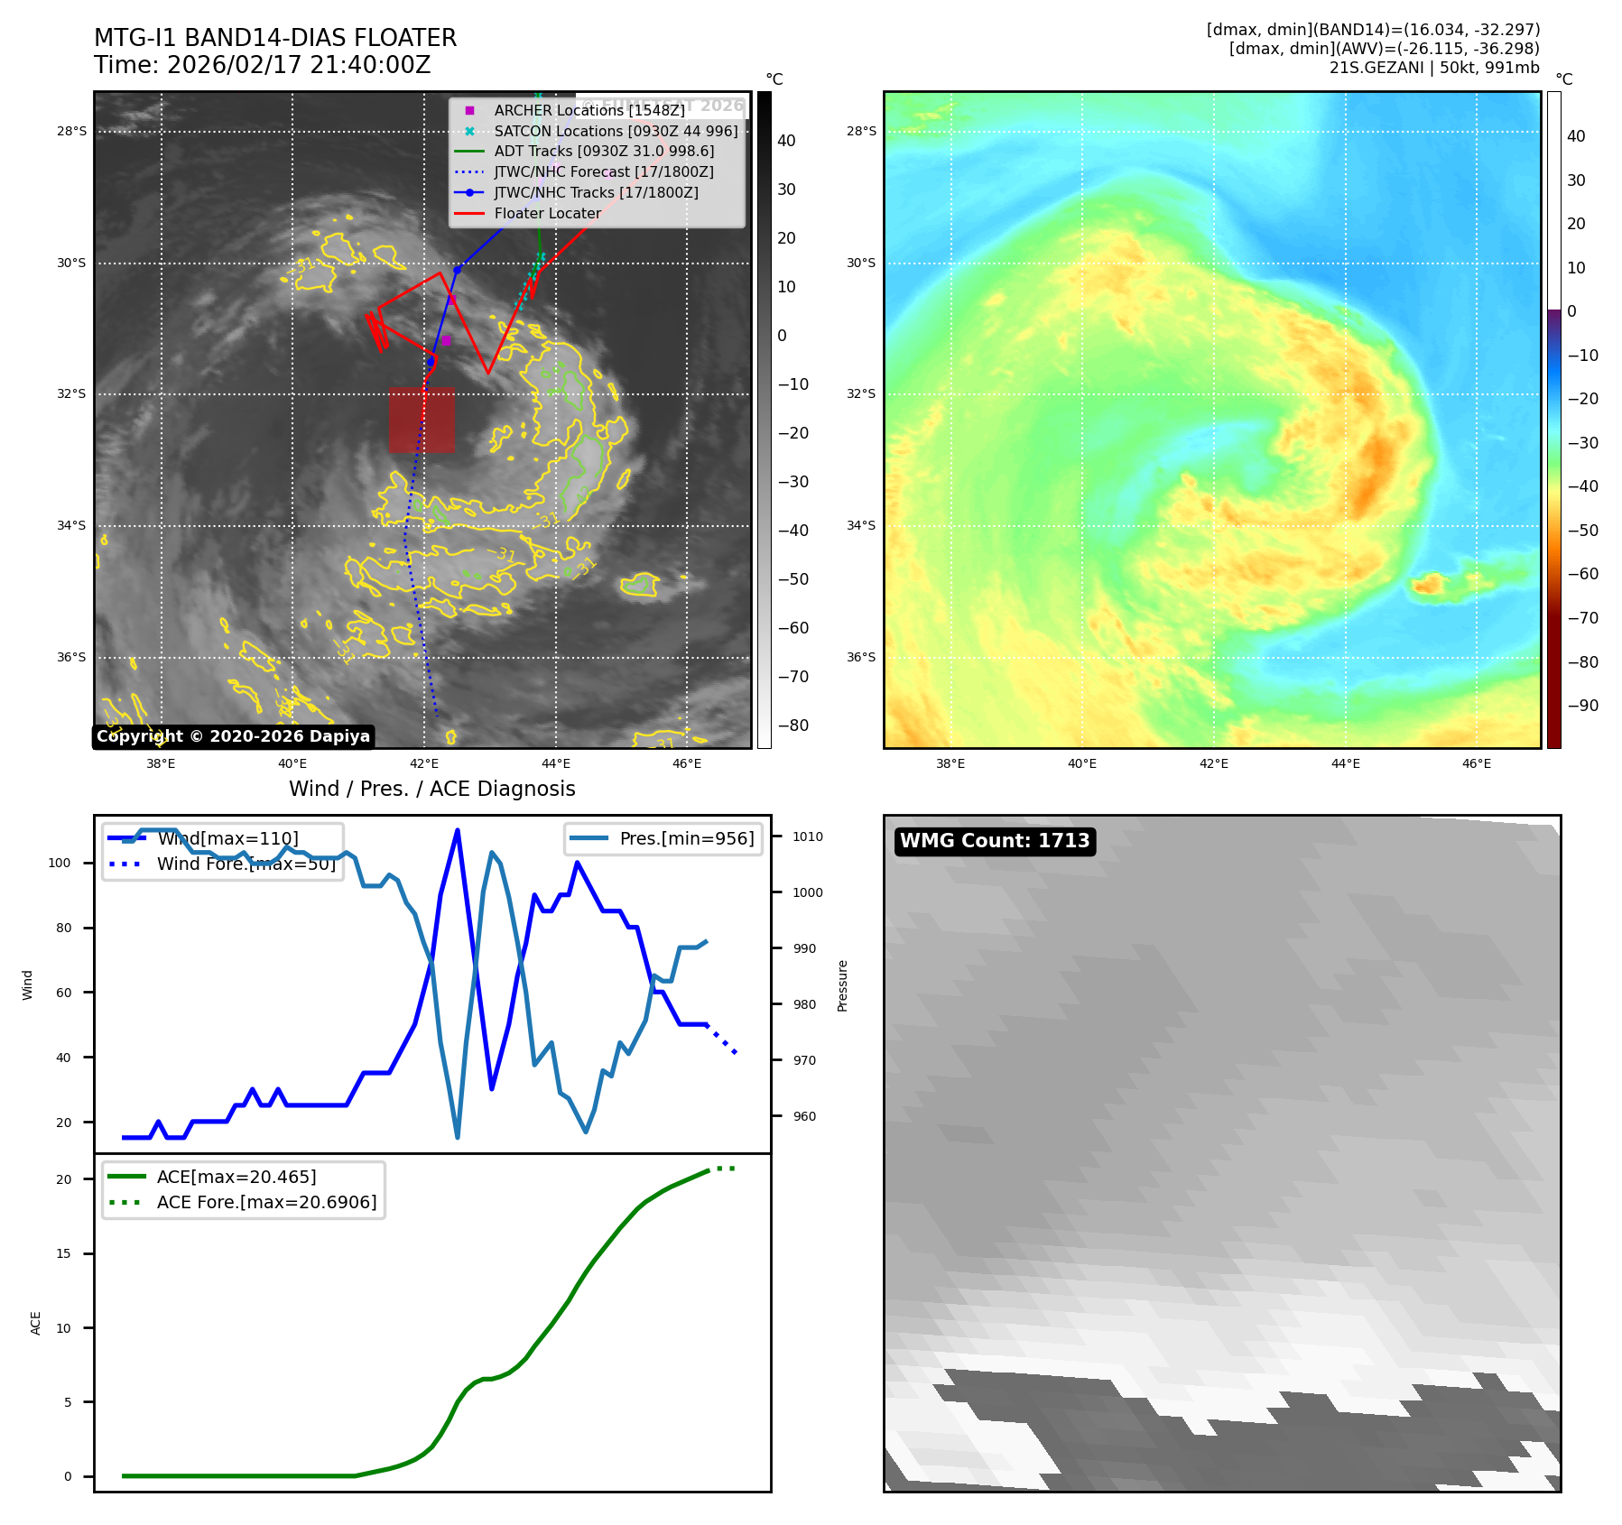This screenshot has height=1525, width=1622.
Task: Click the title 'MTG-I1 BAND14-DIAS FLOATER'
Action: (275, 38)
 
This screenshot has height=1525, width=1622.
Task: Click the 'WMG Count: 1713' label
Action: (995, 841)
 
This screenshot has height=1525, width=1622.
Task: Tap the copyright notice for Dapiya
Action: (233, 736)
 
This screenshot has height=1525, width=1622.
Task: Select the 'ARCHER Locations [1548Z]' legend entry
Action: (589, 110)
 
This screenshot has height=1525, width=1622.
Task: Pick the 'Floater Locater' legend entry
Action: (547, 213)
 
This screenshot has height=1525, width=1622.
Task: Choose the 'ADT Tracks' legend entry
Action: (603, 152)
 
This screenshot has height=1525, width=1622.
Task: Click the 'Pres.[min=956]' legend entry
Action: (686, 838)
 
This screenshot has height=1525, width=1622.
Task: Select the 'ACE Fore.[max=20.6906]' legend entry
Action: (266, 1202)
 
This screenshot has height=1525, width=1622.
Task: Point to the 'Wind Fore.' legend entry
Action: (246, 864)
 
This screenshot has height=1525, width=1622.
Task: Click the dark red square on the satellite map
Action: (422, 420)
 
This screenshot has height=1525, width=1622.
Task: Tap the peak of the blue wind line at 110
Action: (458, 830)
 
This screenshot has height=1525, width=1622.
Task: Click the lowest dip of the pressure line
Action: (458, 1137)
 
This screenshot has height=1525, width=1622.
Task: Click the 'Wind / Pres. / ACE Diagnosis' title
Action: (431, 789)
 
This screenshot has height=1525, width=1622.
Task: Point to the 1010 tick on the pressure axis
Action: (808, 836)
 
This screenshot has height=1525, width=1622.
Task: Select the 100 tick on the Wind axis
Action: (60, 863)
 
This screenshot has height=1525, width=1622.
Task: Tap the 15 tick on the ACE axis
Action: (63, 1253)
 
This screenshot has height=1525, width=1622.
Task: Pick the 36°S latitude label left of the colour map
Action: (860, 657)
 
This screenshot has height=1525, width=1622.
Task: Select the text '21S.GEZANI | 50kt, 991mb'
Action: (1433, 68)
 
